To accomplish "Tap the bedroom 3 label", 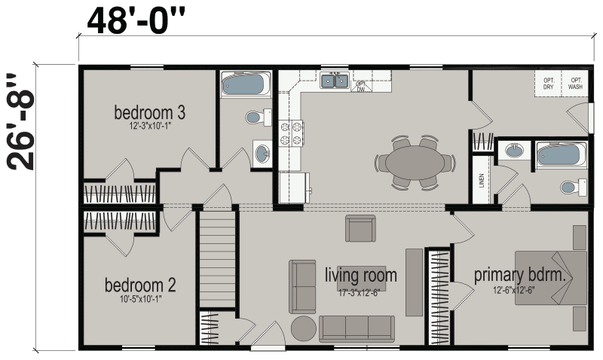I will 149,113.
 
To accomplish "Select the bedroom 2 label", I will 140,285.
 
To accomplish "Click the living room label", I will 361,275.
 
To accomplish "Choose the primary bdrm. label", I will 519,275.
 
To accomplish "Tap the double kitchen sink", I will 334,81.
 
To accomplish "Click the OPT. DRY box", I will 548,84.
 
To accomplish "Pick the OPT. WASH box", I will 575,84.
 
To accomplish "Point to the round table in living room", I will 305,328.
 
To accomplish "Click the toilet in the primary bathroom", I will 574,186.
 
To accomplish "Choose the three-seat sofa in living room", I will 357,328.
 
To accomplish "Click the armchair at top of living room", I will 360,228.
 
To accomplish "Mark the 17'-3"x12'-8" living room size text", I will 361,293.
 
